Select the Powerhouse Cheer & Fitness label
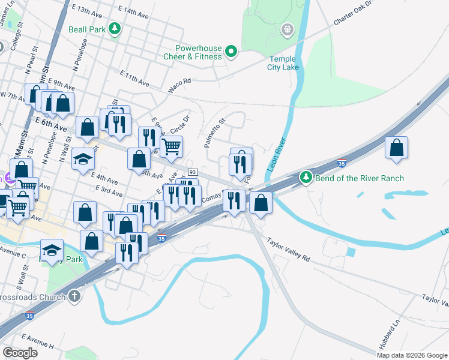(x=199, y=52)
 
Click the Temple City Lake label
(x=283, y=63)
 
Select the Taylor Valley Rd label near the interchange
(x=289, y=249)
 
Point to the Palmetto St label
(x=214, y=133)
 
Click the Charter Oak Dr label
(x=354, y=14)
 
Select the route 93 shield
(x=193, y=172)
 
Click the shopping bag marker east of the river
(x=396, y=148)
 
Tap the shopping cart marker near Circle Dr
(x=172, y=146)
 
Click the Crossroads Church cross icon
(x=74, y=296)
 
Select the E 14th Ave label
(x=133, y=11)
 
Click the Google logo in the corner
(x=19, y=353)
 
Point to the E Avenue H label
(x=38, y=342)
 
